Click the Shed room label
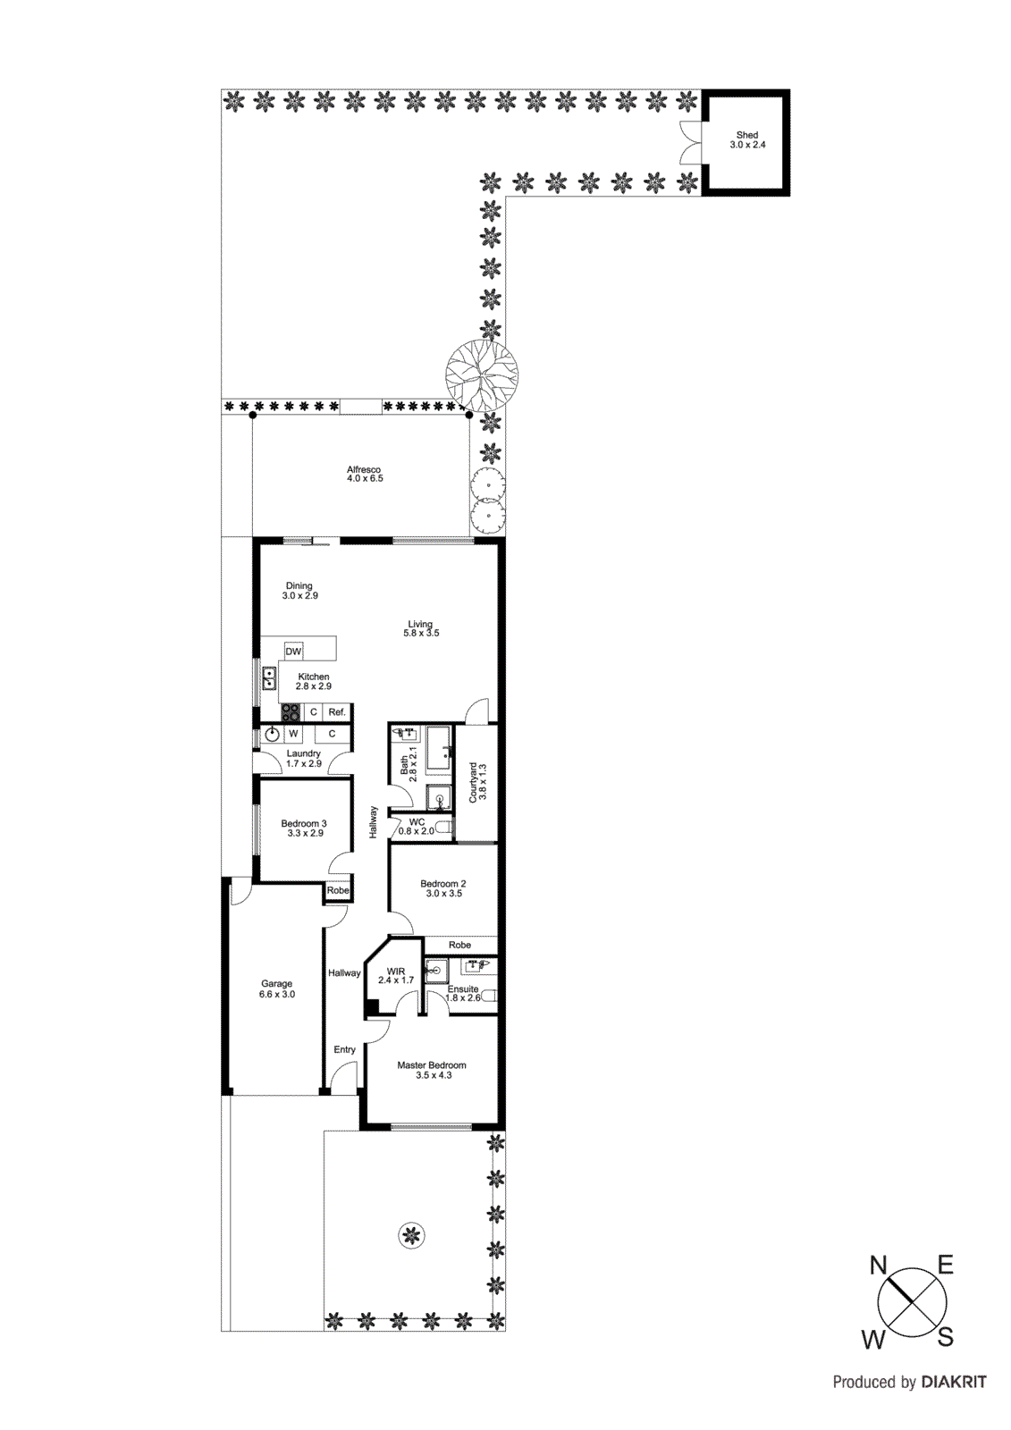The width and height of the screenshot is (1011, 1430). click(x=747, y=136)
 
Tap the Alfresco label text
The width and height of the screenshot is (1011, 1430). click(x=364, y=470)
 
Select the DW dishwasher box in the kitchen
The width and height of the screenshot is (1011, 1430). click(x=293, y=652)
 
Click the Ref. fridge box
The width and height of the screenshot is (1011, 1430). click(x=337, y=712)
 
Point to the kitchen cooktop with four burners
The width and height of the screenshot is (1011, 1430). click(x=291, y=712)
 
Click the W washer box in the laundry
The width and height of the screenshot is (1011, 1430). click(x=293, y=734)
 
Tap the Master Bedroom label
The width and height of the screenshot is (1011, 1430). click(x=432, y=1065)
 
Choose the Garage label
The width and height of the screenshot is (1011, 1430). click(x=277, y=984)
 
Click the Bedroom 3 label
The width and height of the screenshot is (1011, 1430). click(x=304, y=824)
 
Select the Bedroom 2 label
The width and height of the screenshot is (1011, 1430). click(x=443, y=884)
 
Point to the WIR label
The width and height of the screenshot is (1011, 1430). click(x=396, y=972)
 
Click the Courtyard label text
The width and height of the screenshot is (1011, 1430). click(x=474, y=782)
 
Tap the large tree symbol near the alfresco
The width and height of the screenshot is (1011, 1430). click(x=483, y=375)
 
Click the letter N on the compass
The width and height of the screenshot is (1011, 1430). click(x=878, y=1266)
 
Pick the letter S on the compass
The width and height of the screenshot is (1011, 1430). click(x=946, y=1338)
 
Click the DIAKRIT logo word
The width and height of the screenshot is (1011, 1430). click(x=954, y=1383)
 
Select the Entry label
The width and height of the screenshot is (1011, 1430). click(x=345, y=1050)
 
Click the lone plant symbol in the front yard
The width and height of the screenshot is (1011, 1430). click(x=410, y=1236)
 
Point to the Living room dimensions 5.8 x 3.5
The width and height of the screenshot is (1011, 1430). click(x=421, y=634)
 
